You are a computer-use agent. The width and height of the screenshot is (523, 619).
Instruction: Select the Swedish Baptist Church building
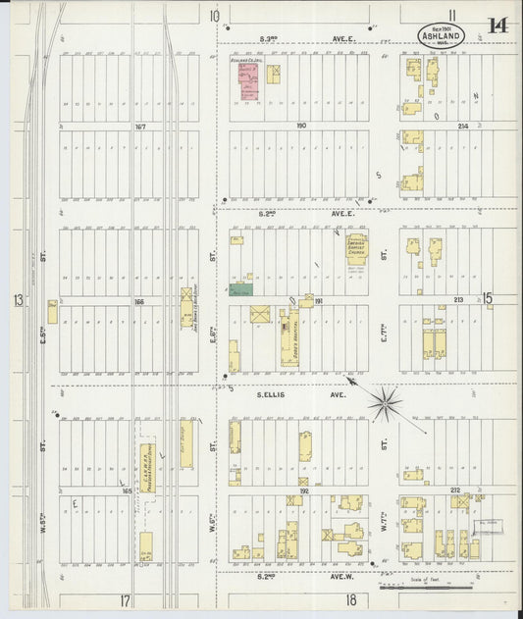pos(356,251)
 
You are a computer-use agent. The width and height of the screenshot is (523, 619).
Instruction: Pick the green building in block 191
pos(241,289)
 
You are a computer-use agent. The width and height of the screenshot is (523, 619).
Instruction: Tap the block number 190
pos(301,126)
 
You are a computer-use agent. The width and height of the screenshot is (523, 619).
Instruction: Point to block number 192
pos(303,490)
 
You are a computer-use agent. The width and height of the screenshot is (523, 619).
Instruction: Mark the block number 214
pos(463,126)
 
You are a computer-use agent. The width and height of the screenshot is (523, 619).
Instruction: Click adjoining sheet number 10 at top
pos(213,16)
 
